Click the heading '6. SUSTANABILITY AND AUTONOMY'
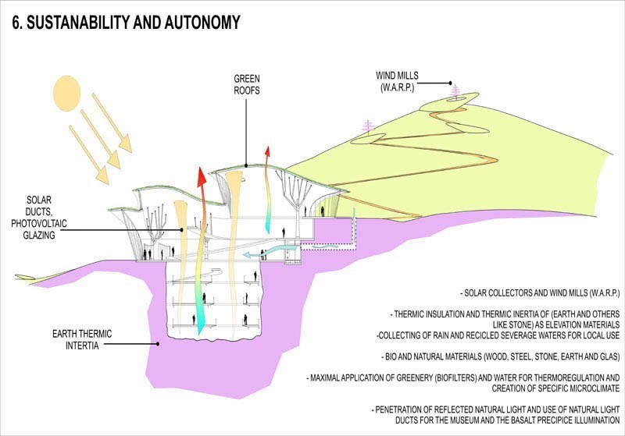(125, 23)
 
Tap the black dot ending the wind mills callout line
(451, 83)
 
